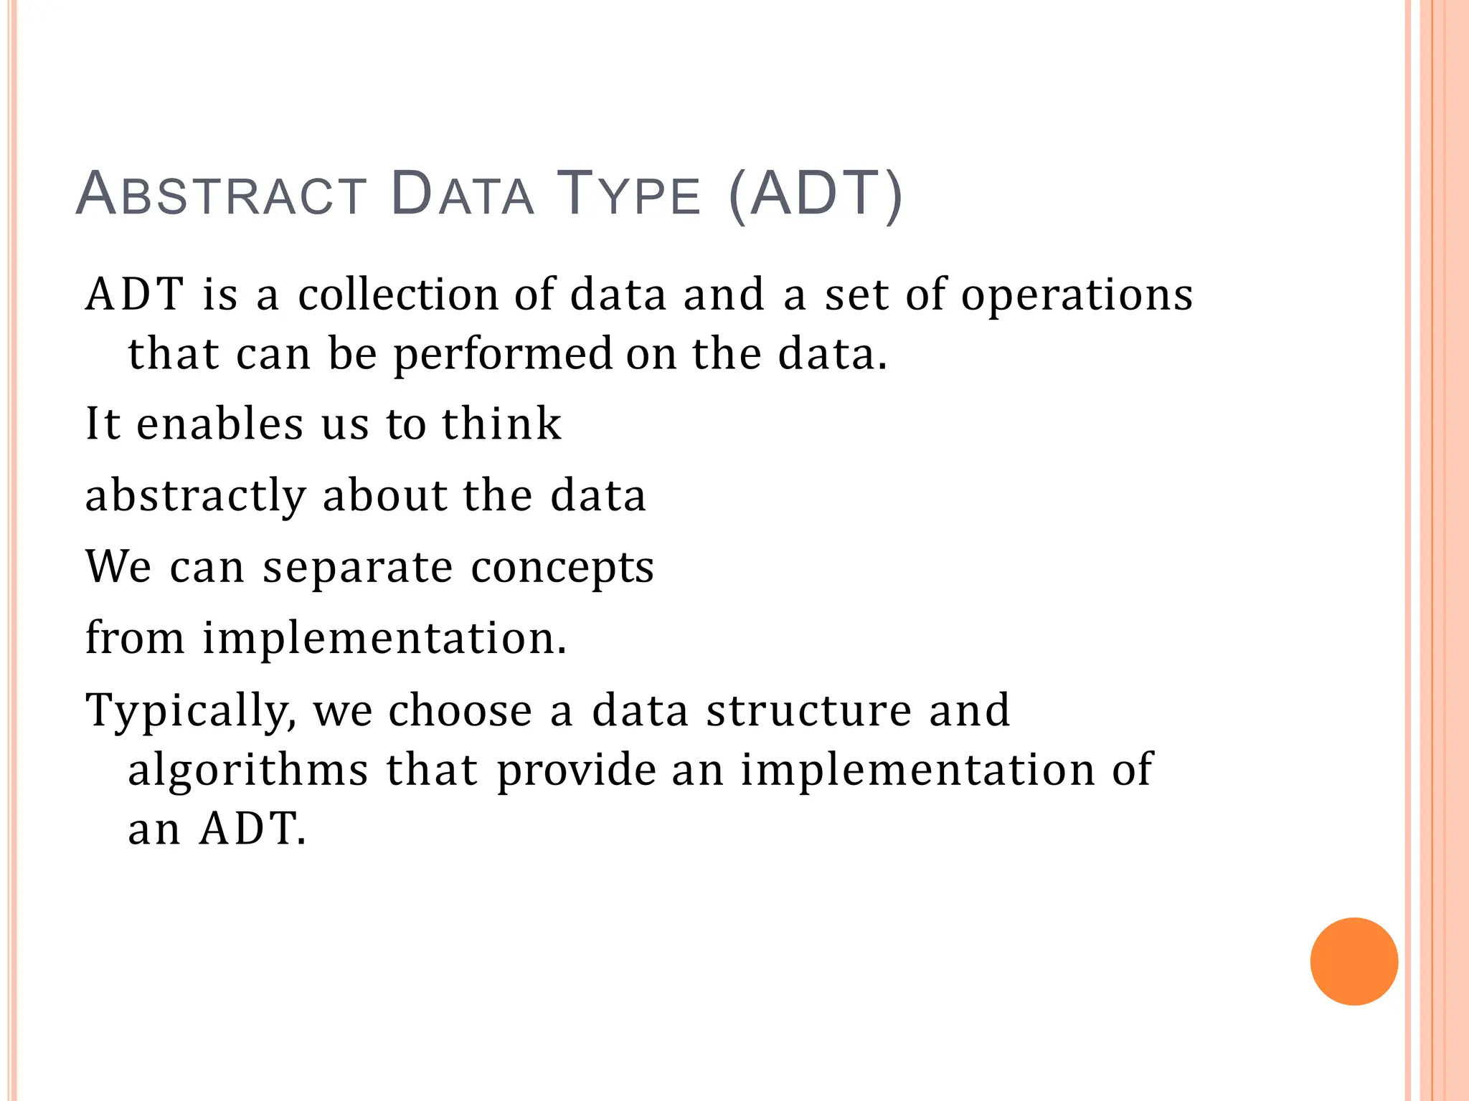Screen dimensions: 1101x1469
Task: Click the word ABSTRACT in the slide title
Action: coord(221,194)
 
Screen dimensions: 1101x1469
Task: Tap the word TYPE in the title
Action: coord(628,194)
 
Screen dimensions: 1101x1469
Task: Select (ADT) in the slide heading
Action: coord(815,194)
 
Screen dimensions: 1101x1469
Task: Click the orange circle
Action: coord(1354,961)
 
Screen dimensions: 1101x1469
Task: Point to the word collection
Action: coord(398,295)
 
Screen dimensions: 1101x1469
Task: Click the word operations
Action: coord(1077,296)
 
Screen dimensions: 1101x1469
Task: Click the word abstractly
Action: coord(196,496)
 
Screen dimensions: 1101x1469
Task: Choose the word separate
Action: coord(357,568)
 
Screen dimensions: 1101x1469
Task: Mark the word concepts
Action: coord(562,568)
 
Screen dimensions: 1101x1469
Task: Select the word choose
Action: coord(460,710)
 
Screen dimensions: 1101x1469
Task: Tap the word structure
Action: coord(808,710)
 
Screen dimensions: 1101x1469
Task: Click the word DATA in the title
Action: coord(463,194)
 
